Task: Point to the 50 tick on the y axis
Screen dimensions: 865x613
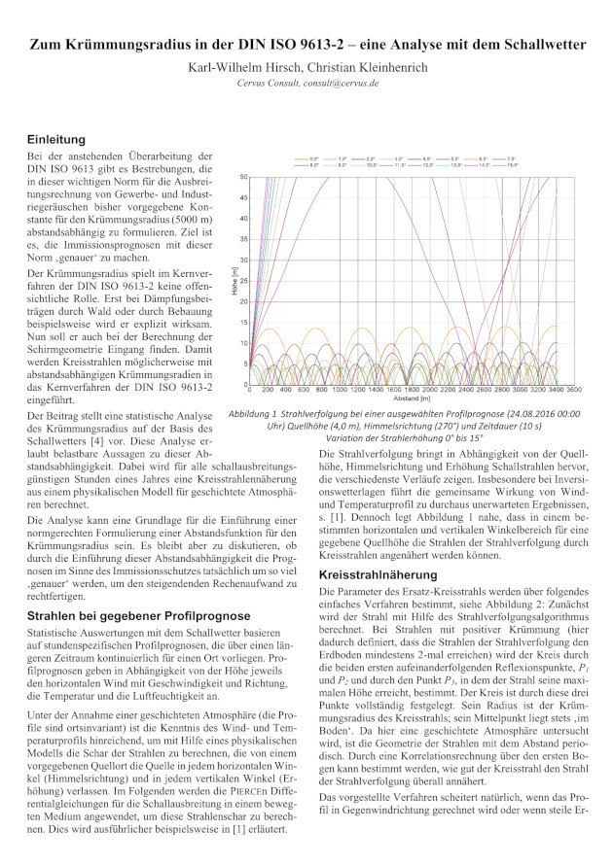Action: [243, 177]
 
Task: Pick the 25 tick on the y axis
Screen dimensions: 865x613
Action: [243, 282]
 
